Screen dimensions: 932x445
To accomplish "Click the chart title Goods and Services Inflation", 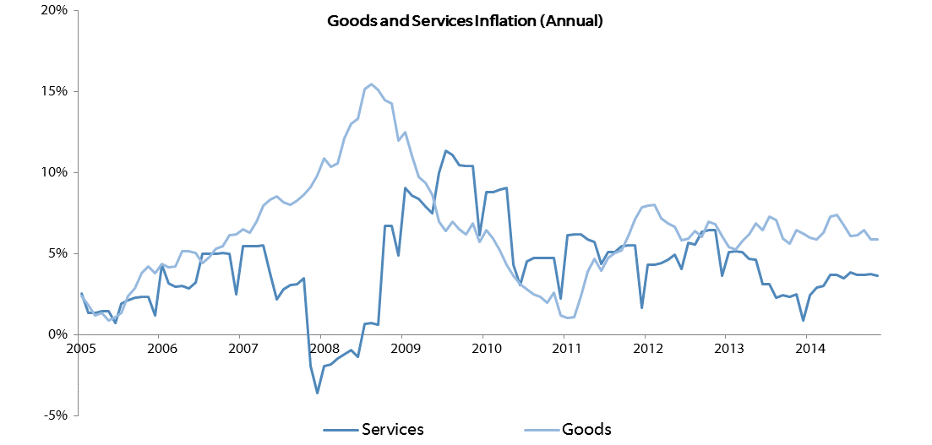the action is tap(466, 23).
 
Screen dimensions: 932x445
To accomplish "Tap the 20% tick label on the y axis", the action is tap(53, 11).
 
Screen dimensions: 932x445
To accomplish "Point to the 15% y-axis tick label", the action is tap(53, 91).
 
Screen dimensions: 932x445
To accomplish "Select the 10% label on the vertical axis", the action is tap(53, 172).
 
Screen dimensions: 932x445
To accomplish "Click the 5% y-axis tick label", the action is tap(56, 253).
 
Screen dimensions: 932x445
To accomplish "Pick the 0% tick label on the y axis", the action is tap(56, 334).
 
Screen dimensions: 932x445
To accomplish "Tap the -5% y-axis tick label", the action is tap(54, 415).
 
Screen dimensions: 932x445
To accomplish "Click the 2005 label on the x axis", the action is tap(81, 346).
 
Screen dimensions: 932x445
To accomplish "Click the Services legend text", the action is tap(393, 430).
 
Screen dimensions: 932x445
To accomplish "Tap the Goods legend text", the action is tap(587, 430).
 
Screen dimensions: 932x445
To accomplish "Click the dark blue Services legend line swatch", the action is tap(341, 430).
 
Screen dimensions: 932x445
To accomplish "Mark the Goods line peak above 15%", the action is tap(371, 84).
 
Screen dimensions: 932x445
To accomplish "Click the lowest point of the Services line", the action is tap(318, 393).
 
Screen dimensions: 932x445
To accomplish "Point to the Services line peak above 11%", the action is tap(445, 151).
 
